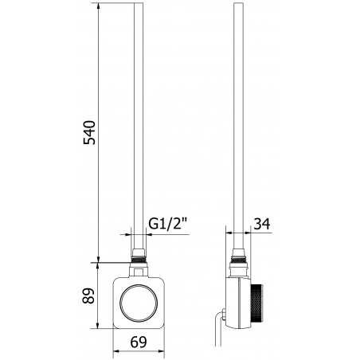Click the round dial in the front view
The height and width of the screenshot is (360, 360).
coord(141,302)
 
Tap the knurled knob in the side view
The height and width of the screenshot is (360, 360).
coord(260,302)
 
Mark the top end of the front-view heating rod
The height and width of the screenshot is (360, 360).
coord(139,6)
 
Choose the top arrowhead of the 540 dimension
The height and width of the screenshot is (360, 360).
coord(99,7)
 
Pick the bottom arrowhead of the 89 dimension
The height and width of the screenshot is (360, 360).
coord(99,328)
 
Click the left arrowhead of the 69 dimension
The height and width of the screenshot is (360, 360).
coord(115,350)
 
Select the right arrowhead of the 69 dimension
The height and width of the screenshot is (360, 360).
coord(166,350)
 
